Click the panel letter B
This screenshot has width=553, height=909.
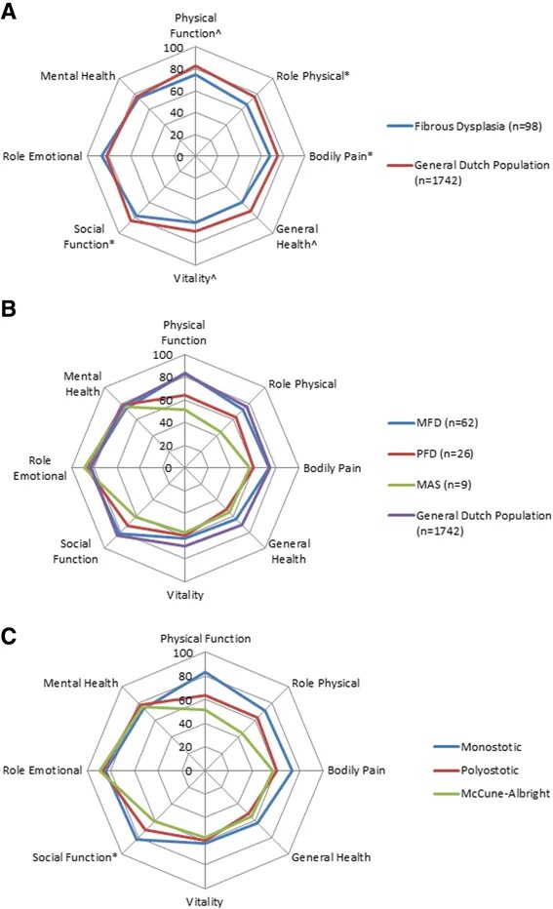[x=8, y=308]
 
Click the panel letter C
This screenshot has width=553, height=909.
[x=9, y=636]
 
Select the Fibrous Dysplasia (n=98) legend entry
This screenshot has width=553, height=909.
[x=464, y=126]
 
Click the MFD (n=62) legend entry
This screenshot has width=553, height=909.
[x=433, y=422]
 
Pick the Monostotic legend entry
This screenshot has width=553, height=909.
[x=478, y=747]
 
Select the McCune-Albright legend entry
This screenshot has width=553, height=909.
[x=493, y=794]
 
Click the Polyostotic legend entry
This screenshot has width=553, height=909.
[x=477, y=770]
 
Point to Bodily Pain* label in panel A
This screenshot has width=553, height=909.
[x=340, y=156]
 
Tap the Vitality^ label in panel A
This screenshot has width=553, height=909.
[x=195, y=278]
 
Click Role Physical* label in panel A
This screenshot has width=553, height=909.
[x=312, y=76]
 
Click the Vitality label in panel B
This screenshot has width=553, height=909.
[x=185, y=595]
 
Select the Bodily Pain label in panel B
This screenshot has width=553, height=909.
[x=333, y=468]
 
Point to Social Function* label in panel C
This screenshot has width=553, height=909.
[x=75, y=857]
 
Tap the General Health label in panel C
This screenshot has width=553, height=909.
[x=331, y=857]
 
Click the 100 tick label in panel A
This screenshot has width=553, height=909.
[x=174, y=48]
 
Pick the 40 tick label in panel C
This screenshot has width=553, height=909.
[x=185, y=724]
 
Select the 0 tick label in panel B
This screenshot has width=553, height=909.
[x=169, y=468]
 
